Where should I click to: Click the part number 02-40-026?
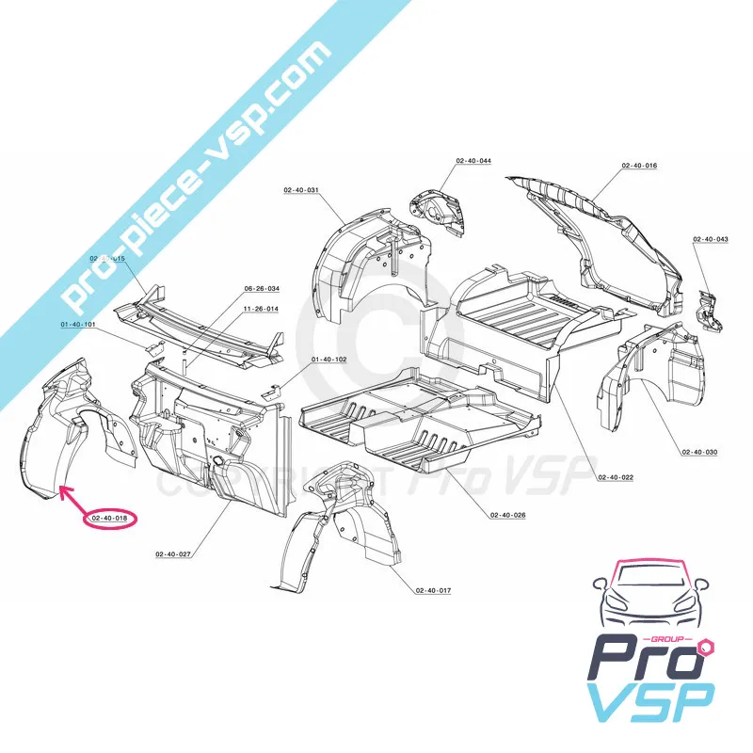[507, 515]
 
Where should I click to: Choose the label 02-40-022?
[615, 477]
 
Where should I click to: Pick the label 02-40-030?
[699, 453]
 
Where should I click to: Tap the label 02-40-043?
[711, 239]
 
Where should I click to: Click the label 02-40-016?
[639, 166]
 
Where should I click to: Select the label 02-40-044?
[473, 161]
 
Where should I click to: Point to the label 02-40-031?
[301, 190]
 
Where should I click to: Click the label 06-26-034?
[262, 288]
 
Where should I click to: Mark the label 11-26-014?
[260, 308]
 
